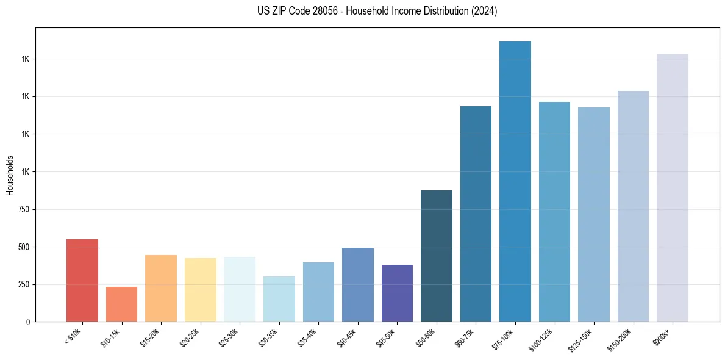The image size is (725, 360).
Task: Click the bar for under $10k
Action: (x=82, y=280)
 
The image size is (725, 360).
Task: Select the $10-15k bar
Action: (x=121, y=304)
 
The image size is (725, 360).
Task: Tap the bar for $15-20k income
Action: (x=161, y=288)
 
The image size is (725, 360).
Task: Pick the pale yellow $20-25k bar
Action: (x=200, y=290)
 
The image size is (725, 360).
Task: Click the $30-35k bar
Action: (x=279, y=299)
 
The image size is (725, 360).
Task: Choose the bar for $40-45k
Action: (x=357, y=284)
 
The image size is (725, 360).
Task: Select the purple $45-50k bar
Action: (x=397, y=293)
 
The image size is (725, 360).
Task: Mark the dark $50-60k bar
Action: (x=436, y=256)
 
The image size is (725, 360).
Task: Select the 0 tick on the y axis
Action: (x=27, y=322)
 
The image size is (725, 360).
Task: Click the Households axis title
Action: (x=10, y=175)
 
